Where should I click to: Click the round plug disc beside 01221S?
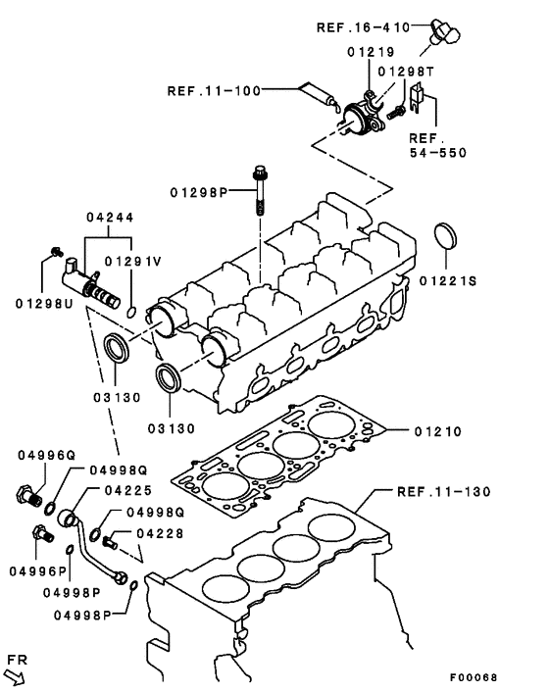pos(448,239)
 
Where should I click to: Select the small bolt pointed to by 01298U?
pos(56,254)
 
